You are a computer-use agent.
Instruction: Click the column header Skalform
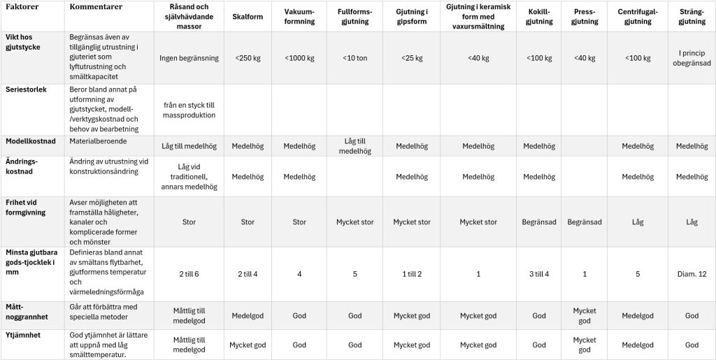(248, 16)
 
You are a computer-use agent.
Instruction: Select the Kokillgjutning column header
(538, 16)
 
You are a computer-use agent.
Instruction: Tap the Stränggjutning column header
(692, 16)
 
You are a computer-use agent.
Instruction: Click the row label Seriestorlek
(25, 90)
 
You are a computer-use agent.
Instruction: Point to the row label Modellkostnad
(30, 141)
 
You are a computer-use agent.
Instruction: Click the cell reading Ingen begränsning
(189, 58)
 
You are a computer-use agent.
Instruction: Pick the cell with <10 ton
(355, 58)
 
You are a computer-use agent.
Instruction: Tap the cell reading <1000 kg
(299, 58)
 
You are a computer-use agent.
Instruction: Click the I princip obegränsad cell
(692, 58)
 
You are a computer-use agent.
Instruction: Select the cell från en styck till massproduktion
(189, 109)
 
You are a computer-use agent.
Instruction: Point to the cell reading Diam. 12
(692, 273)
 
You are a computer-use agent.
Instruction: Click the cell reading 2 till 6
(189, 273)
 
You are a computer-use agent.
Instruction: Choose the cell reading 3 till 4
(538, 273)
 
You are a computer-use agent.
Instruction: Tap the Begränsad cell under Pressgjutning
(585, 222)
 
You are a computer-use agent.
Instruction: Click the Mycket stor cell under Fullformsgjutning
(355, 222)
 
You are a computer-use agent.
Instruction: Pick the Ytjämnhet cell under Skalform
(248, 345)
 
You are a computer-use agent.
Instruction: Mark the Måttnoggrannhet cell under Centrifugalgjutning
(638, 315)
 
